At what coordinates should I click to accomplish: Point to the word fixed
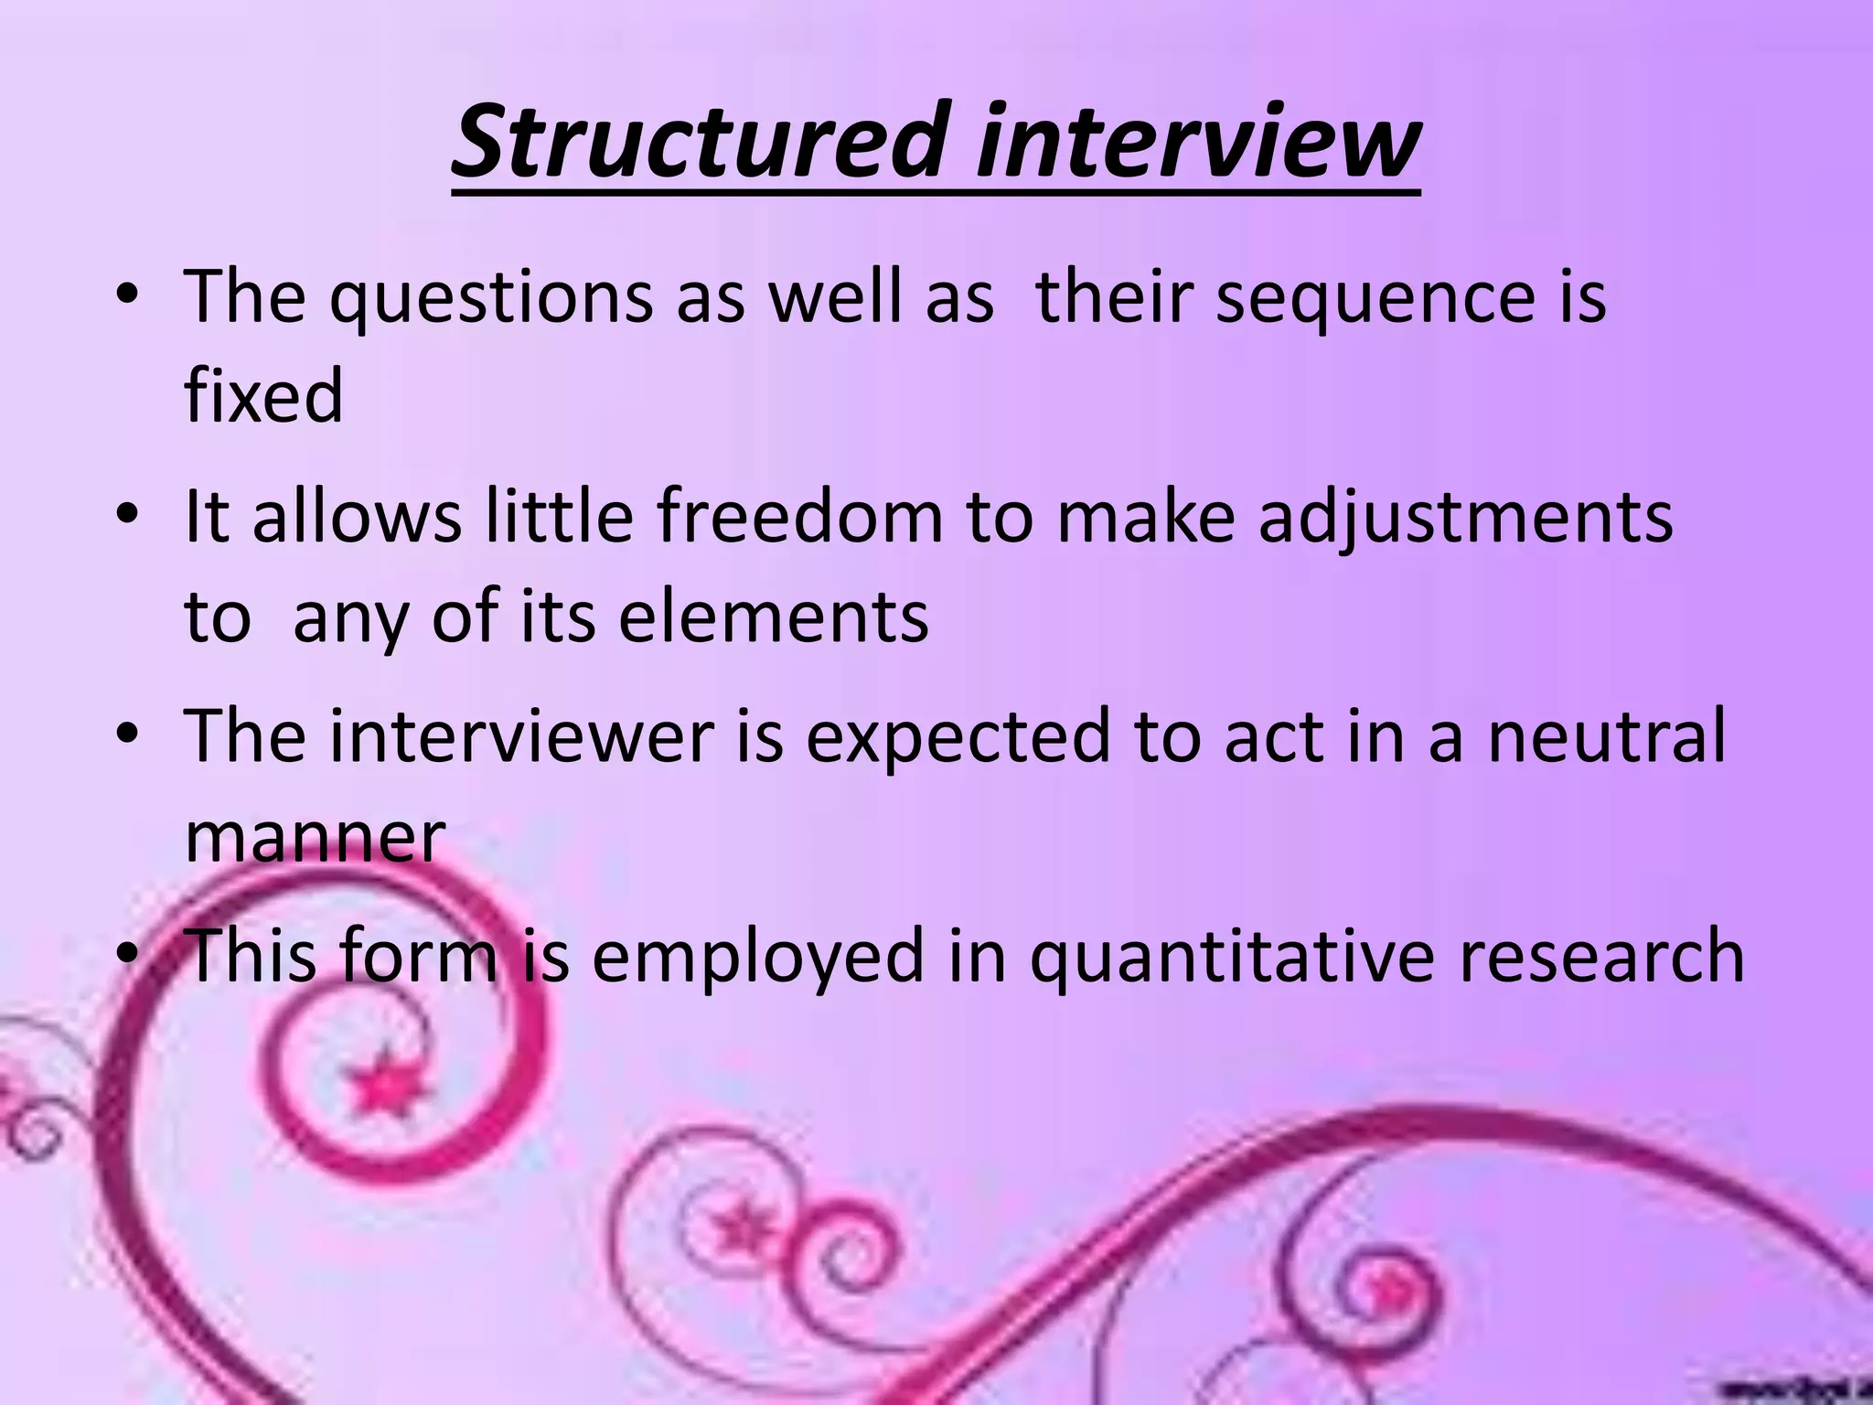coord(263,395)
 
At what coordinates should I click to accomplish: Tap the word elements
coord(774,617)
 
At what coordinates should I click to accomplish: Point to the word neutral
coord(1607,736)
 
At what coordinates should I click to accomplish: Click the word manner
coord(315,836)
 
